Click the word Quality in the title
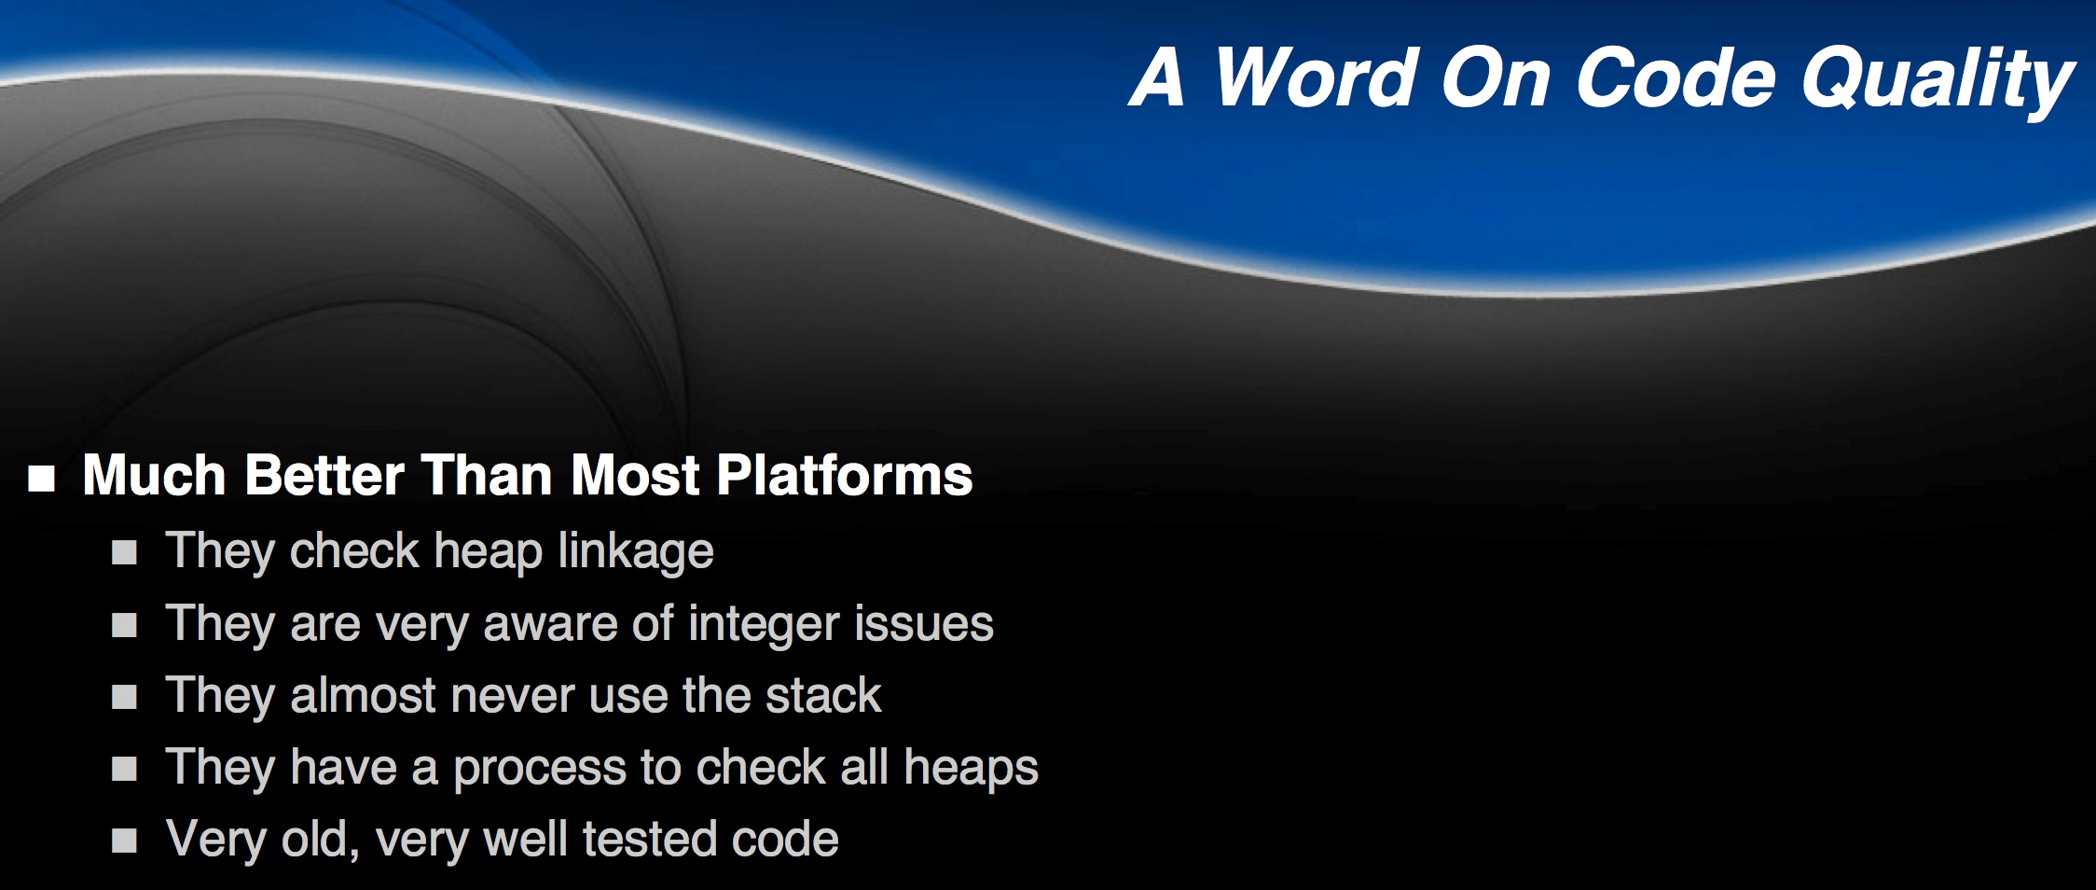pos(1938,81)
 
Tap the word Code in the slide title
pos(1675,77)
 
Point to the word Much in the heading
pos(155,475)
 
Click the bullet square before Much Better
pos(42,479)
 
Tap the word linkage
pos(636,551)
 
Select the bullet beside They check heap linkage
pos(124,553)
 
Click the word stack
pos(823,695)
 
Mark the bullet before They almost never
pos(124,697)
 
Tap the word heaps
pos(971,769)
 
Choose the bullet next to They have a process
pos(124,769)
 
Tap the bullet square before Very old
pos(124,841)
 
